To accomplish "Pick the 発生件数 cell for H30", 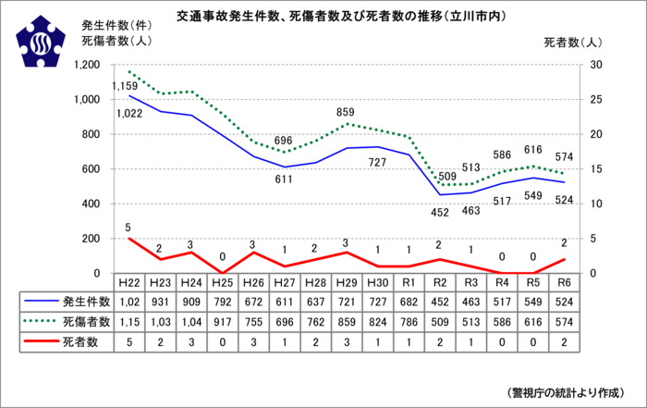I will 377,302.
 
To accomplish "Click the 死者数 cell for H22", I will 129,341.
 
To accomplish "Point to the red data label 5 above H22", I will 128,228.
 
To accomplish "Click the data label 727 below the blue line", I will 376,163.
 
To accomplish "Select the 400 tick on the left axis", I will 94,204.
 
